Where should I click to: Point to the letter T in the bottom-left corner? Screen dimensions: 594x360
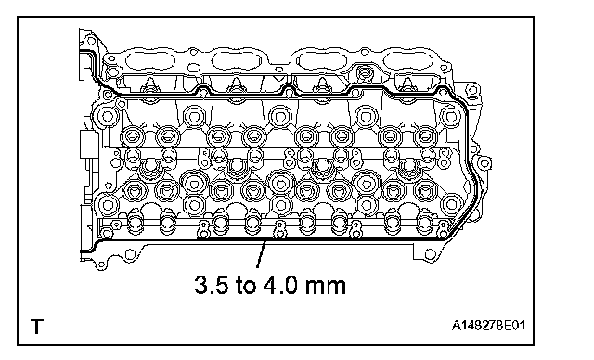point(37,327)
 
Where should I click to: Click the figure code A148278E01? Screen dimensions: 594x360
point(488,325)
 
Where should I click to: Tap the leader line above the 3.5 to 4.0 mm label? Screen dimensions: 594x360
point(262,254)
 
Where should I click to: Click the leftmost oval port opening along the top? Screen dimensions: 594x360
point(150,60)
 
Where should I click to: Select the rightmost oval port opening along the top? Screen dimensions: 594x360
point(408,60)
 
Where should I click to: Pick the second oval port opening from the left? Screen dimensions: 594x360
point(237,60)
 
